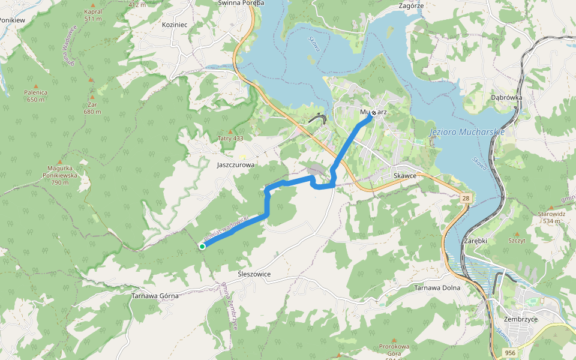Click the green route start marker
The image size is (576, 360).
202,246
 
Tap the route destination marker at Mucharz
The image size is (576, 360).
374,112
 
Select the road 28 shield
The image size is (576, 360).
465,197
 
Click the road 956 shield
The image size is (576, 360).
509,353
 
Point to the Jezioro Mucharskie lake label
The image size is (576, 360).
467,131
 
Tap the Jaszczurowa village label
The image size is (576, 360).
236,164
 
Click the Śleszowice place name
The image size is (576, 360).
254,274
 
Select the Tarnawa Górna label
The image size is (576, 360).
156,296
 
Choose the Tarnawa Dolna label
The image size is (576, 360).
437,287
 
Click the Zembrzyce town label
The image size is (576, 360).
521,319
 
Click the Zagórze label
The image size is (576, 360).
411,5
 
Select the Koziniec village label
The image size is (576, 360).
175,25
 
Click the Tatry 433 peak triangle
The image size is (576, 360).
230,131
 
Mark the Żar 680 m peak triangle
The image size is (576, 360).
92,97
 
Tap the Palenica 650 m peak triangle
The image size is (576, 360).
35,86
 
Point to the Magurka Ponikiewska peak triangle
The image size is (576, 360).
59,161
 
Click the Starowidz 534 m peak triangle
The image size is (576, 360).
550,208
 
